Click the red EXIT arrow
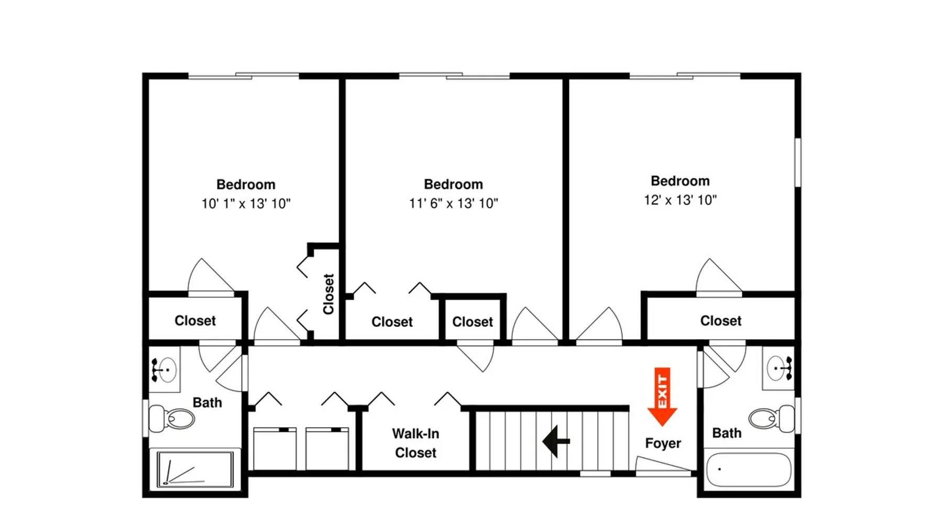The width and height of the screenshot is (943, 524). pos(662,397)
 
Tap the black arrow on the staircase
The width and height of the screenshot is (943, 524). pos(556,441)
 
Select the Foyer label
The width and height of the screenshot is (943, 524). pos(663,443)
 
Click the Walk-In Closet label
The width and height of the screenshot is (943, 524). pos(415,443)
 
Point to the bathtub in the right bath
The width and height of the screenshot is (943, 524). pos(749,470)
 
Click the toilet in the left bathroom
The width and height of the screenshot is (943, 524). pos(171,418)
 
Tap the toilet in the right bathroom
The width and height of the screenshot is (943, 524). pos(771,418)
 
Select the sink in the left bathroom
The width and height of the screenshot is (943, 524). pos(165,370)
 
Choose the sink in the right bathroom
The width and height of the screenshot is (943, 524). pos(779,368)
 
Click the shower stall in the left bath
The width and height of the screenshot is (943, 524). pos(195,469)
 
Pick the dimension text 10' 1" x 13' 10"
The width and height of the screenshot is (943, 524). pos(246,203)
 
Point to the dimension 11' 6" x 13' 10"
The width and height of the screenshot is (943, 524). pos(454,203)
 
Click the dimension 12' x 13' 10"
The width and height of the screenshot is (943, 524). pos(680,200)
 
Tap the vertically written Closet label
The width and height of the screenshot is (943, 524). pos(328,294)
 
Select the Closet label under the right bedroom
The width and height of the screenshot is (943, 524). pos(721,321)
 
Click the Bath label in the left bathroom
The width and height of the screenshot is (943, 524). pos(207,402)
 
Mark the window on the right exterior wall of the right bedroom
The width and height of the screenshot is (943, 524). pos(798,162)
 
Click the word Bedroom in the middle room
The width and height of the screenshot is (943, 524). pos(454,184)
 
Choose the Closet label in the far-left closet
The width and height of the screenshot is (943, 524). pos(195,321)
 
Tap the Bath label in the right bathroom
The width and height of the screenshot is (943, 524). pos(727,433)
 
